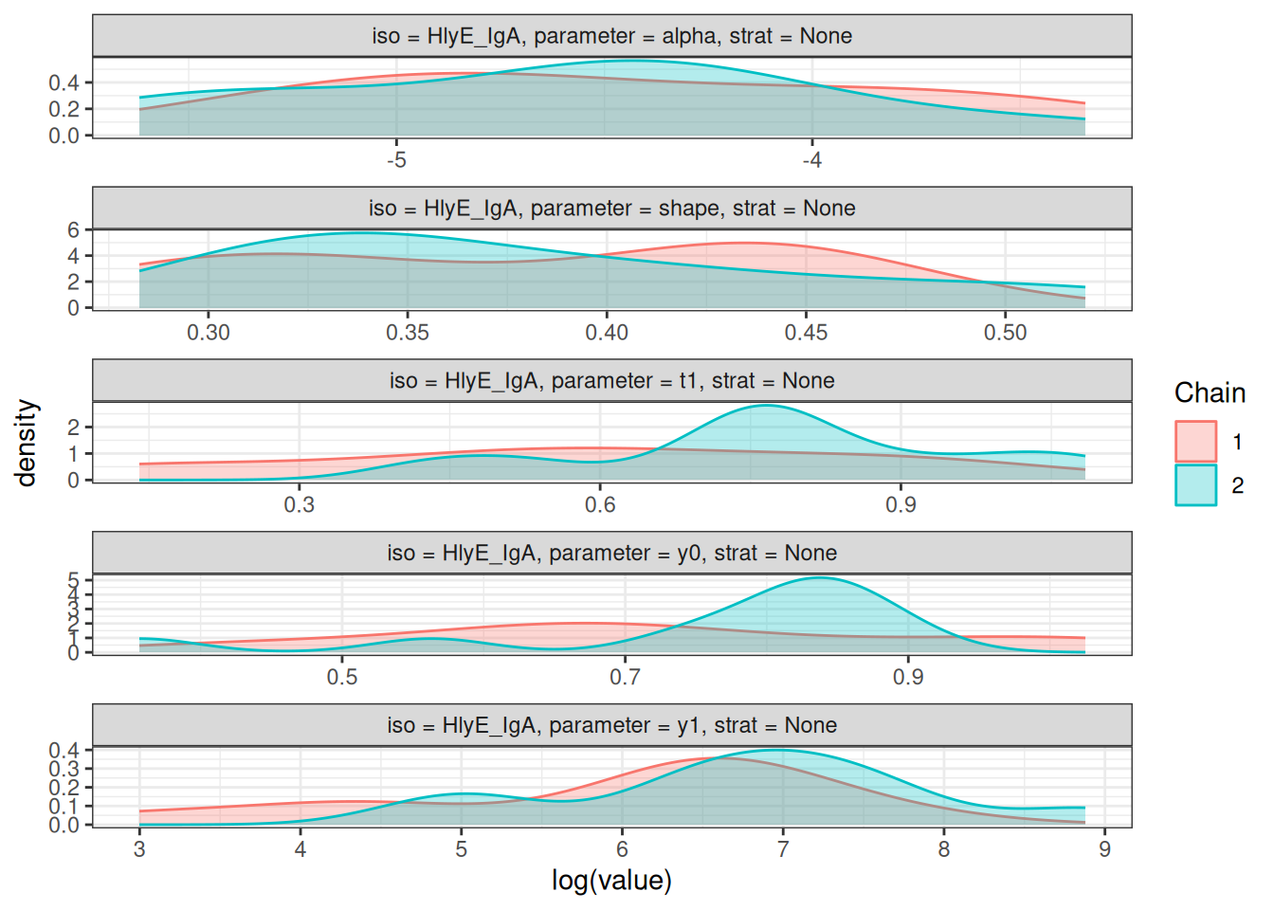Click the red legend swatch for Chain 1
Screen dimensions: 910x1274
pyautogui.click(x=1195, y=442)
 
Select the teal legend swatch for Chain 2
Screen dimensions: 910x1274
pyautogui.click(x=1195, y=485)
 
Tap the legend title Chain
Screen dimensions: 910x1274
pyautogui.click(x=1210, y=393)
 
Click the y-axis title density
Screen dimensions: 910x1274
pyautogui.click(x=27, y=443)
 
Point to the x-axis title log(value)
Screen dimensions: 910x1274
pyautogui.click(x=611, y=881)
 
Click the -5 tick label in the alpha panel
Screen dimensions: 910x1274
pyautogui.click(x=396, y=160)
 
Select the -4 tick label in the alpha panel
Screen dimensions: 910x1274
pyautogui.click(x=811, y=160)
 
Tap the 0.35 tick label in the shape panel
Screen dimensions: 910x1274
pyautogui.click(x=408, y=333)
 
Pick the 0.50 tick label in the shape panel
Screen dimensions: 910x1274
pyautogui.click(x=1005, y=333)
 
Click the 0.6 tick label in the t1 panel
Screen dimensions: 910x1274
pyautogui.click(x=600, y=504)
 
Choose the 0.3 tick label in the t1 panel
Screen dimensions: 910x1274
pyautogui.click(x=300, y=504)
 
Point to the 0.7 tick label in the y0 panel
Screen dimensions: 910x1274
pyautogui.click(x=625, y=677)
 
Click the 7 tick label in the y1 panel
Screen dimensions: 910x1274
pyautogui.click(x=783, y=849)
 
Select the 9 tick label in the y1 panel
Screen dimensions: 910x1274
pyautogui.click(x=1104, y=849)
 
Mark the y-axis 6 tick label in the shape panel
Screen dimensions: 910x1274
pyautogui.click(x=73, y=230)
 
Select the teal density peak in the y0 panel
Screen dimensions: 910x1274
pyautogui.click(x=819, y=578)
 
